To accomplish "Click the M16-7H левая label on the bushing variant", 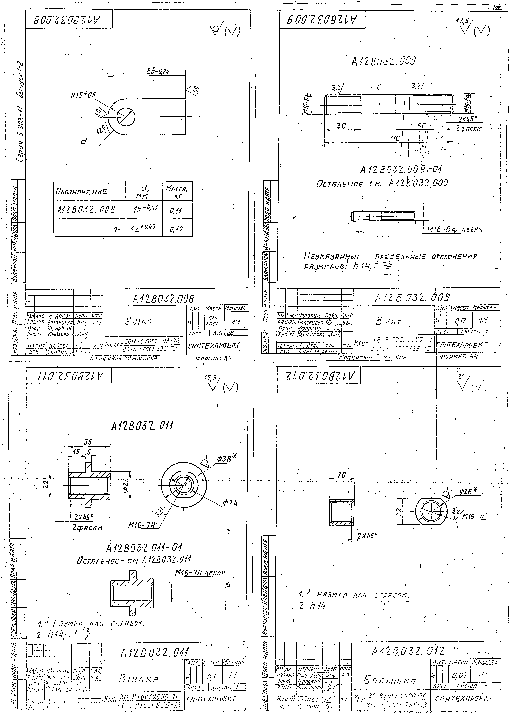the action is coord(200,573).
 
